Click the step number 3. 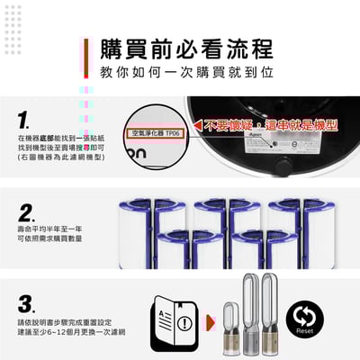(x=26, y=302)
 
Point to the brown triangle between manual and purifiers (x=209, y=320)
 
